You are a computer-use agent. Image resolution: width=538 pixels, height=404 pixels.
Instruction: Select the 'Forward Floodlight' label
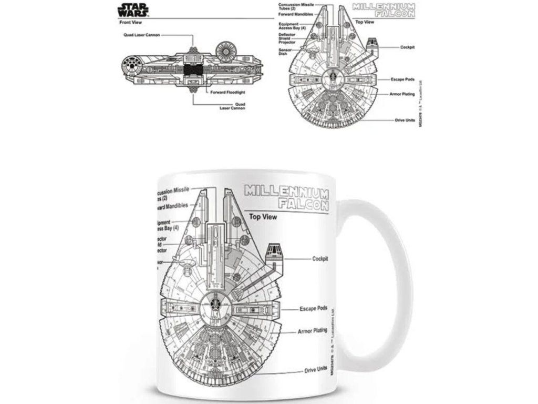click(x=228, y=92)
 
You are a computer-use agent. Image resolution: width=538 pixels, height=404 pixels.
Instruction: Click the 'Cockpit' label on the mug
click(x=320, y=259)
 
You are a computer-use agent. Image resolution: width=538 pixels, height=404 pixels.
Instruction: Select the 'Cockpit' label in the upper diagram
click(x=407, y=47)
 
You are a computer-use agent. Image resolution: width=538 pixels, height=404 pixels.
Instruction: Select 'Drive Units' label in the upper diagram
click(x=405, y=120)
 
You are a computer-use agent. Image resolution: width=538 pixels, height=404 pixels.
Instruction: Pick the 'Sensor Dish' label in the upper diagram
click(x=285, y=52)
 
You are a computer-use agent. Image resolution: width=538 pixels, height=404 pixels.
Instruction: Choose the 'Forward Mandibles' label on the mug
click(x=171, y=207)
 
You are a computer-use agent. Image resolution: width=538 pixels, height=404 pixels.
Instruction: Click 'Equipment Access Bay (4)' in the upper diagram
click(x=291, y=26)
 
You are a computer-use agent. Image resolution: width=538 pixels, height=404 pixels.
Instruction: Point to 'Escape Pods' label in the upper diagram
click(x=403, y=79)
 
